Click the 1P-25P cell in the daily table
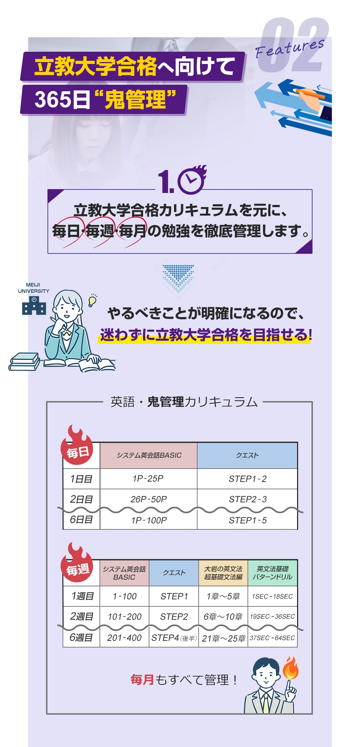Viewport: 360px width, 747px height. (148, 479)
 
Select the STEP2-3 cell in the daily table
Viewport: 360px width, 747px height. (247, 499)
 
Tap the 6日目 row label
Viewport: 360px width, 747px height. (81, 520)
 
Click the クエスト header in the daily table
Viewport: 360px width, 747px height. (247, 455)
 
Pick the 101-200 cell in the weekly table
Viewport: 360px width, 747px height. (124, 617)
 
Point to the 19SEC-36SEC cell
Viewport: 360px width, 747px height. (272, 617)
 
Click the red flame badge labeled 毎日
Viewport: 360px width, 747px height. (77, 446)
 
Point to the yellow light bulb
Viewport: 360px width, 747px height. (92, 301)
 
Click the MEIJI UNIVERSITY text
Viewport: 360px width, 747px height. (33, 288)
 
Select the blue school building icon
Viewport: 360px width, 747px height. (34, 305)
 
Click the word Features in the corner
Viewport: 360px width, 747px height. (290, 48)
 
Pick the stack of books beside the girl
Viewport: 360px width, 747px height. (24, 362)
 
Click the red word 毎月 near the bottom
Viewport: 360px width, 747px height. (142, 680)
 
